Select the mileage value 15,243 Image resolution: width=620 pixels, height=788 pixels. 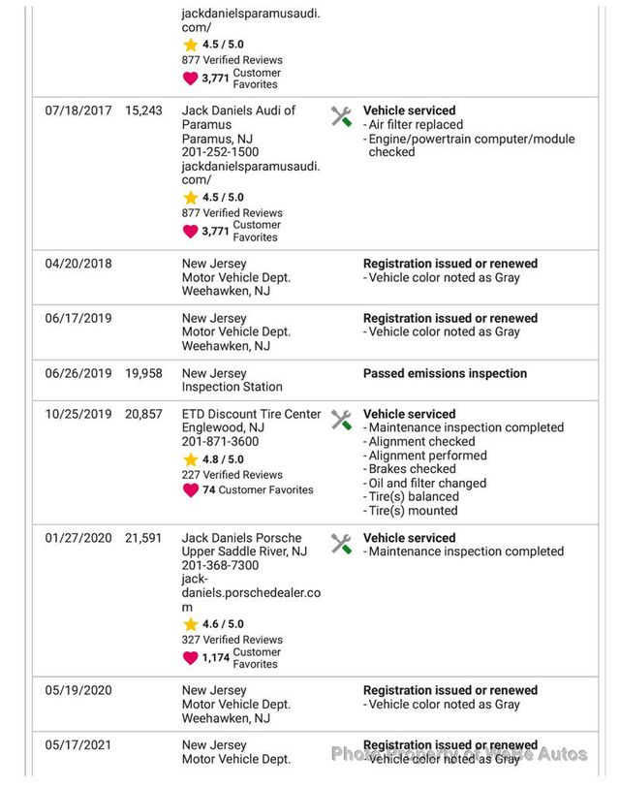[x=143, y=111]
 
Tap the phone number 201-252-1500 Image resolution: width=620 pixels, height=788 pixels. [x=220, y=152]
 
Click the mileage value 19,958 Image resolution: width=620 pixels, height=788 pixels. [x=143, y=373]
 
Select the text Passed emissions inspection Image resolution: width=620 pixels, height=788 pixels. [x=445, y=373]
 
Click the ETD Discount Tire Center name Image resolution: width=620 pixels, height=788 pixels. [x=251, y=414]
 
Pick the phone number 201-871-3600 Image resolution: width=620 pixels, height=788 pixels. [x=220, y=442]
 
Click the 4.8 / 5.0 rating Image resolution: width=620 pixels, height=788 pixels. [x=223, y=459]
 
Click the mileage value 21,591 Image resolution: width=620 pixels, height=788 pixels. [x=143, y=538]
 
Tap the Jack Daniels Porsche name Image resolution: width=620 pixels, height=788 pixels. [x=241, y=538]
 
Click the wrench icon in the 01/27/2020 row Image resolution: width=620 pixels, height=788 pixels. [x=341, y=544]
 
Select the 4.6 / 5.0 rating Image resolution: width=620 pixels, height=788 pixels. [x=223, y=624]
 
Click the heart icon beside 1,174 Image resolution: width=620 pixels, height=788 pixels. [x=190, y=658]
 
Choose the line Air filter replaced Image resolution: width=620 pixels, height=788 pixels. [x=414, y=125]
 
